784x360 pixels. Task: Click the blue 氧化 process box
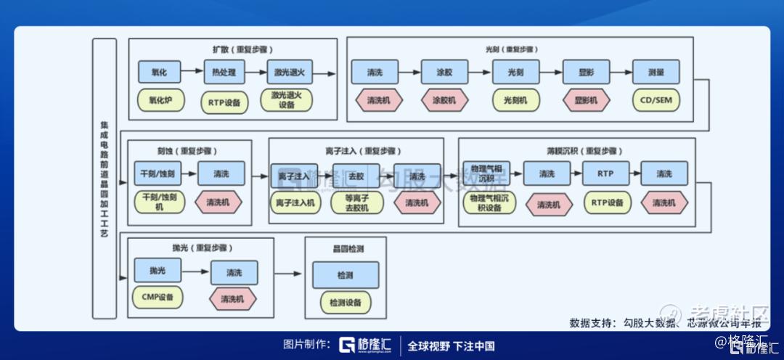pos(159,72)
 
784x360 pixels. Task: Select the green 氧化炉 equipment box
pos(159,100)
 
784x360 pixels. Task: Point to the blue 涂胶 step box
pos(445,73)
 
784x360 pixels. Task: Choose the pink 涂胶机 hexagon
pos(445,100)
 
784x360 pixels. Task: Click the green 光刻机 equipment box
pos(515,100)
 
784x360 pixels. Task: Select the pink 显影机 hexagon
pos(586,100)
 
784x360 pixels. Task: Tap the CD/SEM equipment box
pos(656,100)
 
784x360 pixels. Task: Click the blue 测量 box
pos(656,73)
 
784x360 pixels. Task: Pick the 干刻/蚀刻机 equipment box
pos(159,202)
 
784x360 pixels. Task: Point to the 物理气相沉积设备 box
pos(490,202)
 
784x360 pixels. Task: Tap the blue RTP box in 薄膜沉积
pos(606,174)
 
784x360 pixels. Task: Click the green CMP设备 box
pos(158,298)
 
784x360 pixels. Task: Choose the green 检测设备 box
pos(345,302)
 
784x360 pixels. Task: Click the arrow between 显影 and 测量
pos(621,73)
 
